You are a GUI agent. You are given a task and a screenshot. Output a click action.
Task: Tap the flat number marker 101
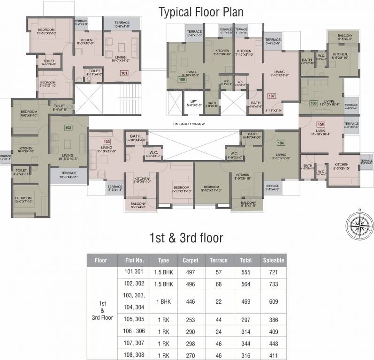click(124, 73)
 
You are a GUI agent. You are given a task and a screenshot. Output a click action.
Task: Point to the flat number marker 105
click(321, 124)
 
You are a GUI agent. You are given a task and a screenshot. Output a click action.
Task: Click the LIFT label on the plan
click(193, 102)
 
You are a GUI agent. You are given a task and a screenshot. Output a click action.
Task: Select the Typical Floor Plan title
click(201, 12)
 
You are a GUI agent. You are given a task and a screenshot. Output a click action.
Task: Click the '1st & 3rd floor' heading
click(186, 237)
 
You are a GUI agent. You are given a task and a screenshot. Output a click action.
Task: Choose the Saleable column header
click(274, 260)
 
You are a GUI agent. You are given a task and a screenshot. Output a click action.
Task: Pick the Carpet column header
click(191, 260)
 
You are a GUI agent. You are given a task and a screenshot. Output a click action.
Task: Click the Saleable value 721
click(274, 272)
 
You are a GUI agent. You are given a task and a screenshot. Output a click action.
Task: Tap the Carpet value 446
click(191, 302)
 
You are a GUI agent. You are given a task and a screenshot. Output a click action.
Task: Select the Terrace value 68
click(218, 284)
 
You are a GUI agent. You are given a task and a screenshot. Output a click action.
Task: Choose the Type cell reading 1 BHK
click(163, 302)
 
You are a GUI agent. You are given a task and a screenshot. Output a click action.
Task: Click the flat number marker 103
click(107, 141)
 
